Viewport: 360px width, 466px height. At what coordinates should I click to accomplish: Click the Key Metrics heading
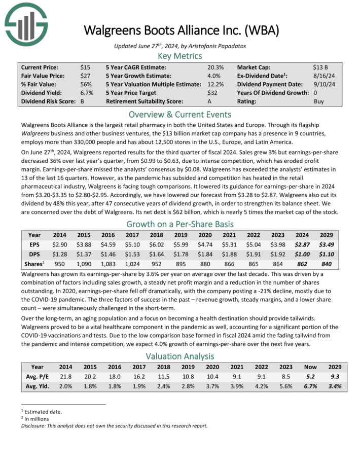[x=180, y=56]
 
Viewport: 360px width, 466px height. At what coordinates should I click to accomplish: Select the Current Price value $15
[x=85, y=67]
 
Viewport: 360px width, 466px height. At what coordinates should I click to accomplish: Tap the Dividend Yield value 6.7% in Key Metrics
[x=86, y=93]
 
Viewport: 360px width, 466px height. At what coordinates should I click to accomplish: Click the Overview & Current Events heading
[x=180, y=114]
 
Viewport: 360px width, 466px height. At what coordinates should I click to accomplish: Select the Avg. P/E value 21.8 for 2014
[x=66, y=376]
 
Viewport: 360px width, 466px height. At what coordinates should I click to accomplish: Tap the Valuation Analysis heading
[x=180, y=356]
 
